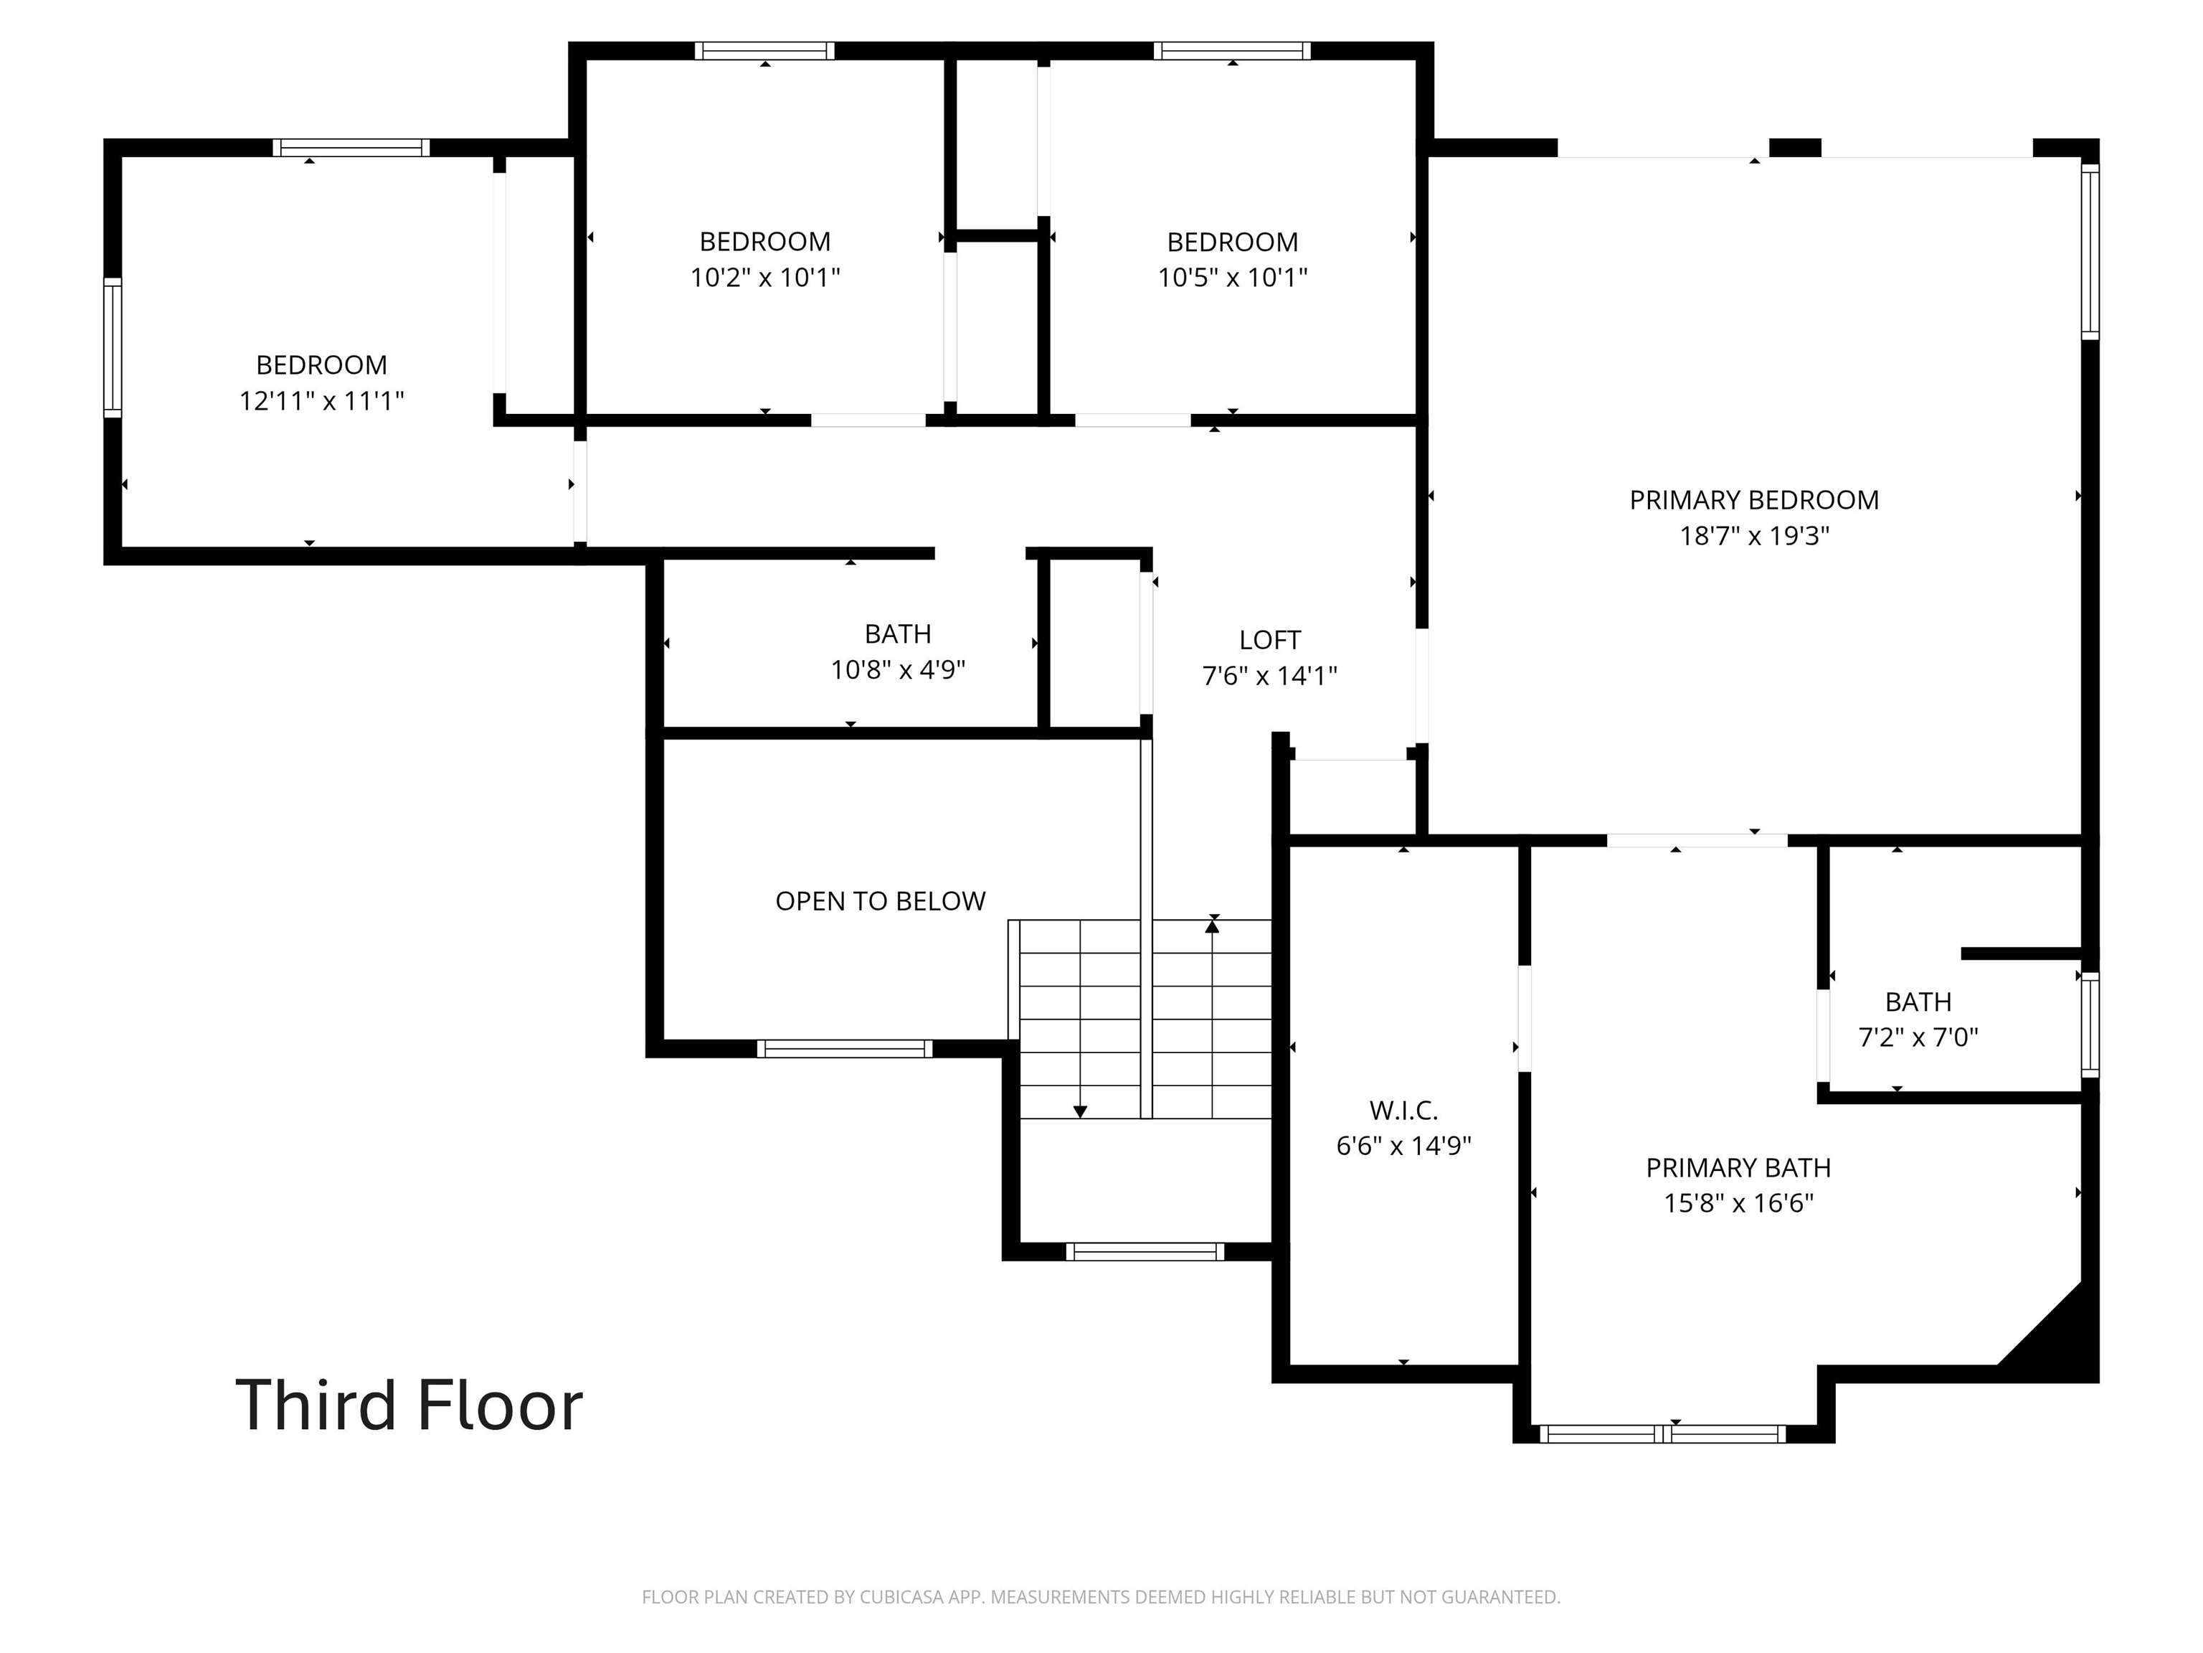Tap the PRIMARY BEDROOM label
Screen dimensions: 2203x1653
(1754, 500)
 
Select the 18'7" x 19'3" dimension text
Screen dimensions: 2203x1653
(1754, 536)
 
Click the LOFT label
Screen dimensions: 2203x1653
(1270, 640)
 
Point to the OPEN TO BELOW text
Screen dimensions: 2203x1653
(881, 900)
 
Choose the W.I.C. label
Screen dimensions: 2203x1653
(1403, 1110)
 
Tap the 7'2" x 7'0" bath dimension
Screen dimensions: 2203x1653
(1918, 1037)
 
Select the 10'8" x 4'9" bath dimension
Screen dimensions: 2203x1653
(899, 669)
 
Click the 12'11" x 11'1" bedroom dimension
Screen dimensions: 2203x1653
(322, 400)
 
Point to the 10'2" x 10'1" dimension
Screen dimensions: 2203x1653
(765, 277)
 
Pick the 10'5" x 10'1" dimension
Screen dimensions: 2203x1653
(1232, 277)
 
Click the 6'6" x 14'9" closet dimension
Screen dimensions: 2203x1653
(1403, 1146)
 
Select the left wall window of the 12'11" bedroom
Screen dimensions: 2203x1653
(113, 348)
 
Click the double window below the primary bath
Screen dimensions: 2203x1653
(1662, 1433)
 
